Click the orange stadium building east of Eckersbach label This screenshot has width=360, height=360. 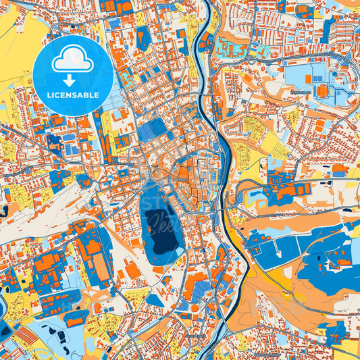coord(322,90)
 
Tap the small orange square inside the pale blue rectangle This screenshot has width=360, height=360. coord(309,79)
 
